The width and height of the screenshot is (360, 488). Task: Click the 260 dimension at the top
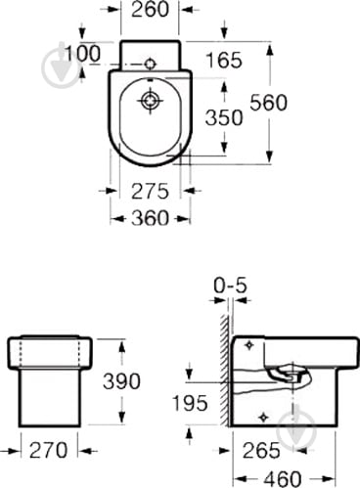tap(150, 10)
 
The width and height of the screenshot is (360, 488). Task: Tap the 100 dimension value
tap(82, 54)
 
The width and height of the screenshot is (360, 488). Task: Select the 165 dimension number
tap(224, 61)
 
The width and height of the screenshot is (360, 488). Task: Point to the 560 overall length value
tap(268, 103)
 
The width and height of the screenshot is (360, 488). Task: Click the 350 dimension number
tap(224, 117)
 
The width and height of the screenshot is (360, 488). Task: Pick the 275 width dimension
tap(150, 191)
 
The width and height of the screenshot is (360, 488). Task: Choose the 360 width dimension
tap(150, 218)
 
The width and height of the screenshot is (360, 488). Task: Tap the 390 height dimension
tap(121, 381)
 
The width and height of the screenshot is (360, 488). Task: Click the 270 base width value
tap(48, 450)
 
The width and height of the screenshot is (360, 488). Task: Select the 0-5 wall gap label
tap(230, 286)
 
